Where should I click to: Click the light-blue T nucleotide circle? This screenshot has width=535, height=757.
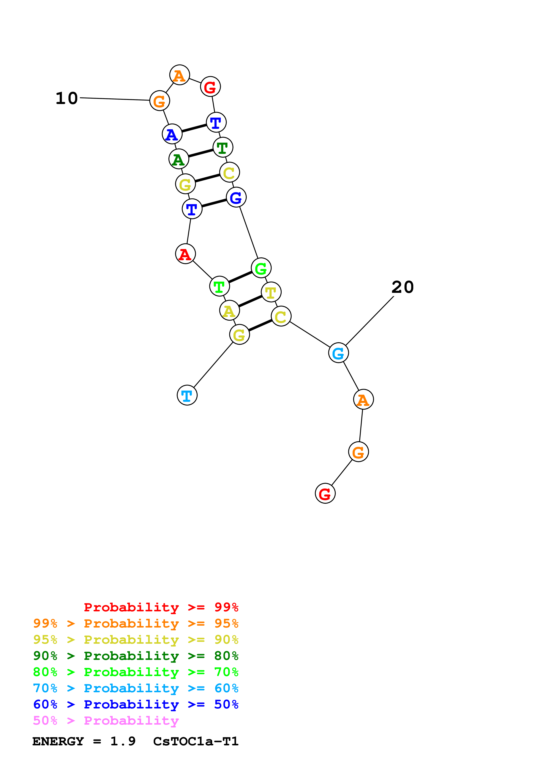[x=187, y=395]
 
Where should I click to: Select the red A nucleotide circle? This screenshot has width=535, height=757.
[x=185, y=254]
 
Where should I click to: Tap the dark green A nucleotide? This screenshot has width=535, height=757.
[x=179, y=159]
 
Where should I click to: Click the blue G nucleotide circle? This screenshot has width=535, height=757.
[x=236, y=197]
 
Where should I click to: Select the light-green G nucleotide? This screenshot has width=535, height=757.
[x=261, y=268]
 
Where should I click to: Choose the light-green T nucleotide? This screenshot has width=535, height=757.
[x=219, y=286]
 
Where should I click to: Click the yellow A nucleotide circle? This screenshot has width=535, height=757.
[x=229, y=310]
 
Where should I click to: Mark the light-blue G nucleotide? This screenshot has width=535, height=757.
[x=338, y=353]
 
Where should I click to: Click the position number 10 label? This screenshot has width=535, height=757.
[x=67, y=98]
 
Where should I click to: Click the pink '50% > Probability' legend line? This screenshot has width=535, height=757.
[x=106, y=721]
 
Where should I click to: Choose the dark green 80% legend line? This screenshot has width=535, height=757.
[x=136, y=656]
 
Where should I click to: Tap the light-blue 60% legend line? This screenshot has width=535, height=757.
[x=136, y=688]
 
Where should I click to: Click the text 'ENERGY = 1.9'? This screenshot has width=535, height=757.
[x=84, y=741]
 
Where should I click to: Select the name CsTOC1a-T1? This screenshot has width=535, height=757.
[x=196, y=741]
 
